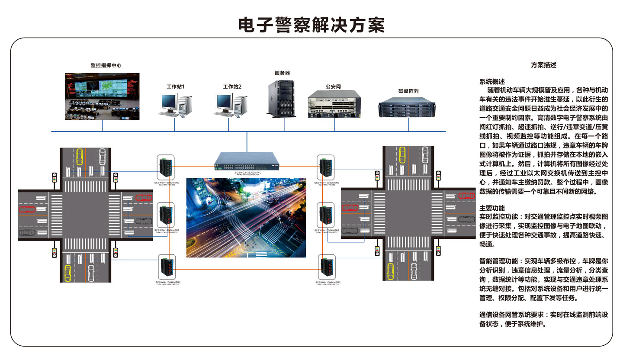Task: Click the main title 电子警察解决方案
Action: point(311,25)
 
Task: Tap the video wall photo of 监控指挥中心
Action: point(102,96)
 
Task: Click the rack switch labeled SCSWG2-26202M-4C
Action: point(247,161)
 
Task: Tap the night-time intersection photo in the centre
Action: point(246,217)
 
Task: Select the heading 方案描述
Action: point(543,65)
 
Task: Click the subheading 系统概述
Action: point(492,81)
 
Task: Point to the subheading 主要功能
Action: point(492,208)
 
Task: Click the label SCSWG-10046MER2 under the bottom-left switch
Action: point(167,282)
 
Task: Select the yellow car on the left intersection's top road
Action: point(80,157)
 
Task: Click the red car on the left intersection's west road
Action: point(26,210)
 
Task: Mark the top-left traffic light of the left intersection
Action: point(54,178)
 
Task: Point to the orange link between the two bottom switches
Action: point(247,269)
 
